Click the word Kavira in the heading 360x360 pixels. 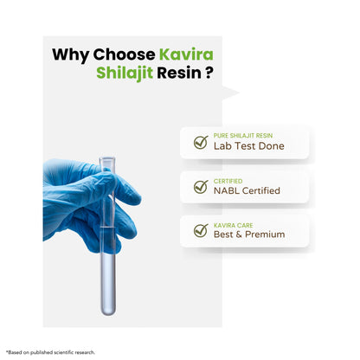[x=186, y=55]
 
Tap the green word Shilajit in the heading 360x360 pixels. [x=125, y=73]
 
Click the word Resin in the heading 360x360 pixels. [x=179, y=73]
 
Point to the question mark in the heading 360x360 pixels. [x=209, y=73]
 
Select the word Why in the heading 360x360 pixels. [x=71, y=55]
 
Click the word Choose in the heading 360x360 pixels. [x=124, y=55]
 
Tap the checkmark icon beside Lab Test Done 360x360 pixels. [x=201, y=142]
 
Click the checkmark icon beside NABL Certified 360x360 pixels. [x=201, y=187]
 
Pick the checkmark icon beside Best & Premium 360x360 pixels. [x=201, y=231]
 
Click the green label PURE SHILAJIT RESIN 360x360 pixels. [x=243, y=136]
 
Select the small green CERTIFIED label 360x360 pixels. [x=228, y=181]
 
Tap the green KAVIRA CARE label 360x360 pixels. [x=233, y=225]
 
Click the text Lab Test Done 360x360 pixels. [x=248, y=146]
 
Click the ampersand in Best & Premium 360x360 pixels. [x=239, y=235]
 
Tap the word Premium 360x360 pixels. [x=265, y=235]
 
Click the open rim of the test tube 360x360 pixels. [x=107, y=159]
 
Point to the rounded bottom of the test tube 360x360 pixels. [x=108, y=311]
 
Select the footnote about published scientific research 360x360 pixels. [x=50, y=352]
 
